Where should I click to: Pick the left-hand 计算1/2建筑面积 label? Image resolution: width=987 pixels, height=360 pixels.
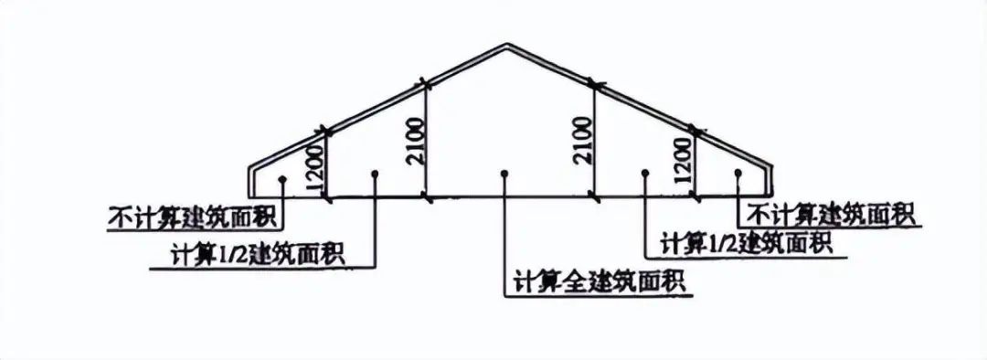click(x=259, y=253)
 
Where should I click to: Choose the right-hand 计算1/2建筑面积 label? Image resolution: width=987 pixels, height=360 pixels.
click(x=745, y=244)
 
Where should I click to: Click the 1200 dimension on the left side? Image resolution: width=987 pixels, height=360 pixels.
click(x=315, y=166)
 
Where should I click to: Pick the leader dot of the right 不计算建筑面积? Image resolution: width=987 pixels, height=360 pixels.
click(x=738, y=171)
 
